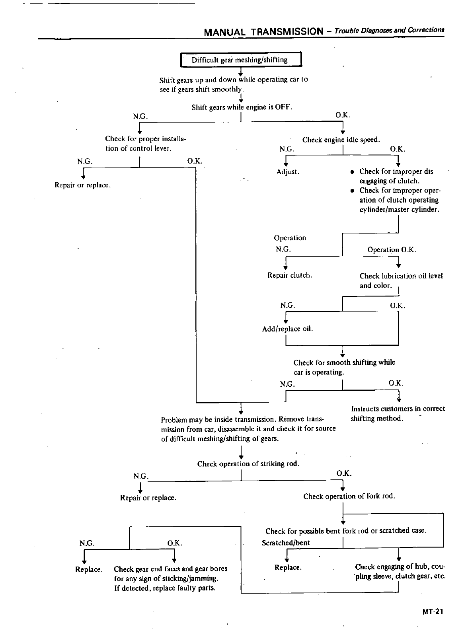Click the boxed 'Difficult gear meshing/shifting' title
240,60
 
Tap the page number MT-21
433,612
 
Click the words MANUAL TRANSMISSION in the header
263,31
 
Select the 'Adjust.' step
288,172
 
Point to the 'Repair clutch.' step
290,275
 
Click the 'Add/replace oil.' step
287,329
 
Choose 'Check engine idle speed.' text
341,140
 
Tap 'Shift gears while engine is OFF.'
242,107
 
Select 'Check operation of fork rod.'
349,497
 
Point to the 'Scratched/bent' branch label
286,543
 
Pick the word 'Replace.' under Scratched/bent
288,567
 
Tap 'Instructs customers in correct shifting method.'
398,414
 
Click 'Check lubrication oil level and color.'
401,280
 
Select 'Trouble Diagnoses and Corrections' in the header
389,30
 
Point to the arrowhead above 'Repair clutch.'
286,268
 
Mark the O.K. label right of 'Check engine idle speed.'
398,149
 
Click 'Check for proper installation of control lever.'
146,144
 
